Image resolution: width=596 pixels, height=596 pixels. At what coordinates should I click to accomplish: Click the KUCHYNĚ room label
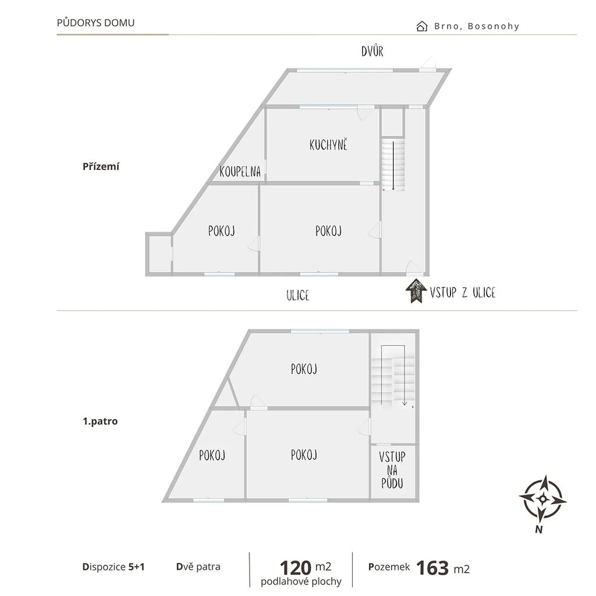(328, 145)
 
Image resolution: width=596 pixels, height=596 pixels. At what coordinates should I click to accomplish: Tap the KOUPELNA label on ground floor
(240, 172)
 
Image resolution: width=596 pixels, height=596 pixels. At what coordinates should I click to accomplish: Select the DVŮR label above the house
(372, 51)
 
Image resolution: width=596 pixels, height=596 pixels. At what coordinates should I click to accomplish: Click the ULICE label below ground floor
(297, 295)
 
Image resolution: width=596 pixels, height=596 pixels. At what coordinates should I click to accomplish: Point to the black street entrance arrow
(416, 291)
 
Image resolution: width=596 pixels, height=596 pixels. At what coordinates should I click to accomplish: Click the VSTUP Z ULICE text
(463, 292)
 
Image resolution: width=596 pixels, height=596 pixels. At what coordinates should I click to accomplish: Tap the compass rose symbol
(543, 498)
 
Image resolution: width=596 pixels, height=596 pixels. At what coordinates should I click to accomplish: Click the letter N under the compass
(538, 529)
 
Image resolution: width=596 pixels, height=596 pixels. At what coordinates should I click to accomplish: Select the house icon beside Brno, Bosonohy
(421, 26)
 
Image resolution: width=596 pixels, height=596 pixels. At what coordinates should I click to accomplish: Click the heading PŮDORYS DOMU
(96, 23)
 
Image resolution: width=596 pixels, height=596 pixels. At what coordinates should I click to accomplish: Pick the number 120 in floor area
(295, 568)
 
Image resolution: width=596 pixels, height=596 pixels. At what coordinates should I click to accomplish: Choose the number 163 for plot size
(432, 568)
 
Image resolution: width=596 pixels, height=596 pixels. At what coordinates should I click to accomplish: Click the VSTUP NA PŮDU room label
(392, 470)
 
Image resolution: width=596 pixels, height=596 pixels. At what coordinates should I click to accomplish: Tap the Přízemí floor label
(101, 166)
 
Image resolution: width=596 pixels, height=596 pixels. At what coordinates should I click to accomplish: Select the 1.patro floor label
(100, 421)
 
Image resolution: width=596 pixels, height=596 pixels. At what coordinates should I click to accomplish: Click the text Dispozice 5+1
(113, 567)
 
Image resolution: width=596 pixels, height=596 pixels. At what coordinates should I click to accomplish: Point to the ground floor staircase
(393, 164)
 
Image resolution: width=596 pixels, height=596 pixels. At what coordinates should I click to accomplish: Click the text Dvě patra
(198, 567)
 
